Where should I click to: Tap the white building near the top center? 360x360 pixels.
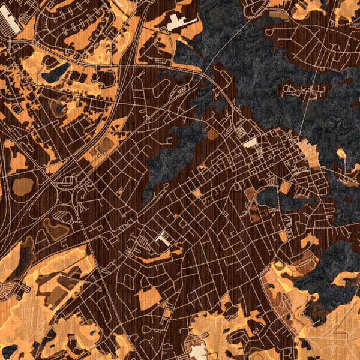(178, 23)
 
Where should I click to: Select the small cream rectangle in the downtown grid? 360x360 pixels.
(250, 143)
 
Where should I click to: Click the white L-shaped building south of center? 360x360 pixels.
(162, 238)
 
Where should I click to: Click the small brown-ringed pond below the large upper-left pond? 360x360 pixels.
(58, 107)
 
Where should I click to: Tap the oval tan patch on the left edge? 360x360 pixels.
(23, 185)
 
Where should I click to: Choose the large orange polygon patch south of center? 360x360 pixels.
(149, 296)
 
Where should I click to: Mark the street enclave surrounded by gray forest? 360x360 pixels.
(306, 90)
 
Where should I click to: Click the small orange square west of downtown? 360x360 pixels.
(196, 193)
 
